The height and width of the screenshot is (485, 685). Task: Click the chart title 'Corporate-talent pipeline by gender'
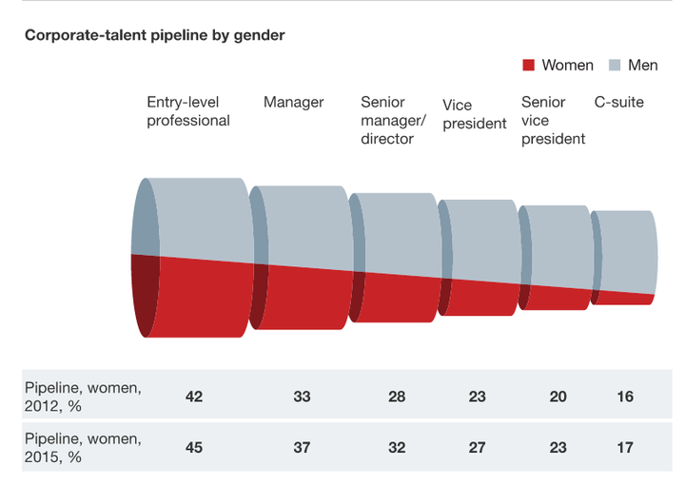tap(155, 35)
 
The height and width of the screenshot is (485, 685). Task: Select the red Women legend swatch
tap(529, 65)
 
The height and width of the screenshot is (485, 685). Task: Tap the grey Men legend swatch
tap(615, 65)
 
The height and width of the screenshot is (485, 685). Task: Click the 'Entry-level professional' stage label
tap(188, 111)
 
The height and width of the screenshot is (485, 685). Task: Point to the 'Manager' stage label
tap(294, 102)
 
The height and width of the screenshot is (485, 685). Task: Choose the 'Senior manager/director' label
tap(393, 120)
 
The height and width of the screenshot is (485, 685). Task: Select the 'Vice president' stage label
tap(475, 114)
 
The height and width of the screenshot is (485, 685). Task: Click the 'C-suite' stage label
tap(619, 102)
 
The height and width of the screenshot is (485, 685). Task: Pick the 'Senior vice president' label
tap(553, 120)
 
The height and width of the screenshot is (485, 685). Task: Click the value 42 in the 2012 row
tap(194, 397)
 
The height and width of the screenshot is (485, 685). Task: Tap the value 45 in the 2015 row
tap(194, 448)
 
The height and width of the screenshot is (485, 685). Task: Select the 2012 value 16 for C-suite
tap(625, 397)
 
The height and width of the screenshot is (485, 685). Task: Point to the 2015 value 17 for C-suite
tap(625, 448)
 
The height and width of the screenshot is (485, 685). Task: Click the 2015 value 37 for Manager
tap(302, 448)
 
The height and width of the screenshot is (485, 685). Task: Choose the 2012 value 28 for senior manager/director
tap(397, 397)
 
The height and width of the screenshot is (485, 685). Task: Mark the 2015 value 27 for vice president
tap(477, 448)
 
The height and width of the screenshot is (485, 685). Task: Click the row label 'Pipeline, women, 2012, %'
tap(83, 397)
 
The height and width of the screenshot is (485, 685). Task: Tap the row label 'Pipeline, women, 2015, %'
tap(83, 448)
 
